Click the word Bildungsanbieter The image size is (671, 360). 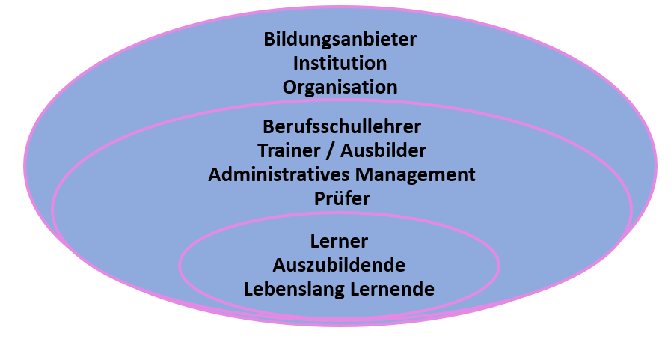point(340,40)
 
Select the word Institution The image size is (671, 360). point(340,63)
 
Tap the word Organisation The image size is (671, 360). point(340,88)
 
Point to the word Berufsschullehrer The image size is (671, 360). point(342,126)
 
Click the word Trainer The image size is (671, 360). point(289,150)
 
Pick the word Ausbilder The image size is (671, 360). point(384,150)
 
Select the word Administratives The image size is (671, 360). point(278,174)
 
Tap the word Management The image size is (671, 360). point(415,174)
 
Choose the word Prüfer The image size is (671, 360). point(342,198)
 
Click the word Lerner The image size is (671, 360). point(339,242)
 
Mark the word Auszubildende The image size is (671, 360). point(339,266)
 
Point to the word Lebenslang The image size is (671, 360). point(294,290)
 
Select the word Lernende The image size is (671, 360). point(393,290)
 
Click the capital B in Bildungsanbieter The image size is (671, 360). point(269,40)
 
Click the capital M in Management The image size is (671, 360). point(364,174)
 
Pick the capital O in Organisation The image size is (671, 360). point(289,87)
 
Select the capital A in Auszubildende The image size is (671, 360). point(280,266)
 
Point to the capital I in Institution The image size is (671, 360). point(295,63)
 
